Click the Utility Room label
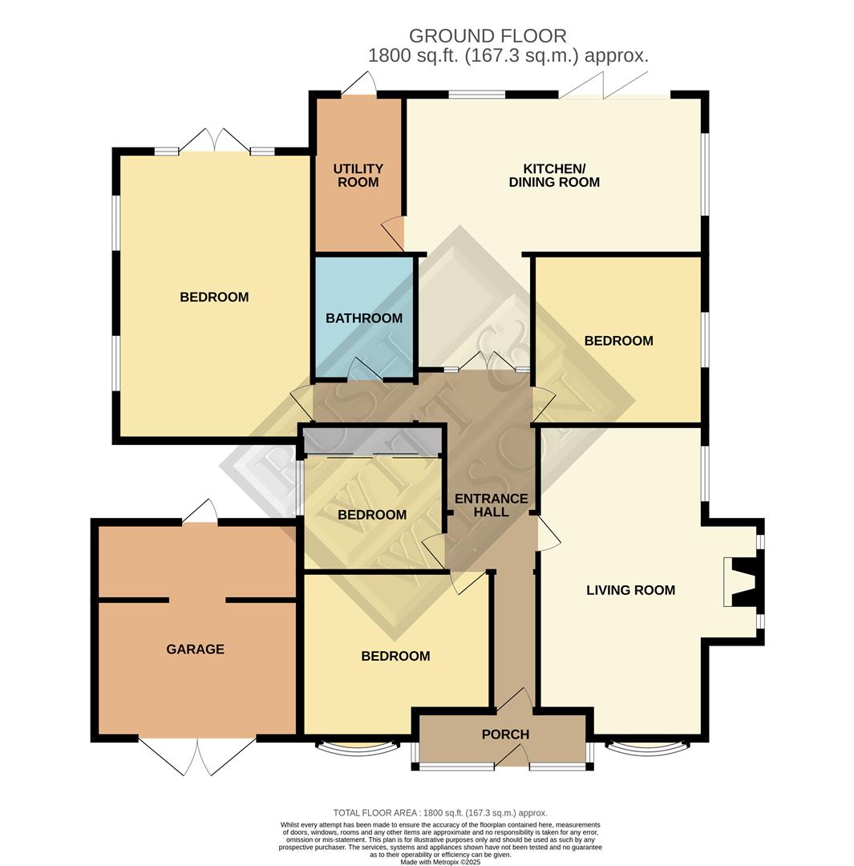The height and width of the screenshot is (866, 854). pos(358,176)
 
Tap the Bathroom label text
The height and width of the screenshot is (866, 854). pos(364,318)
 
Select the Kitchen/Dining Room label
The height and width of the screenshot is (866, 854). pos(554,176)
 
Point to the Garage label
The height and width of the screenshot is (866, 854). pos(195,649)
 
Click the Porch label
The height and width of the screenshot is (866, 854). pos(505,734)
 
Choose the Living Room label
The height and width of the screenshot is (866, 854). pos(630,590)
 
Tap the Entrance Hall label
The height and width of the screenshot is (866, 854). pos(491,505)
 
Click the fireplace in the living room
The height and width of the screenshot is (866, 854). pos(739,581)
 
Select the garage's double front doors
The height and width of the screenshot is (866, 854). pos(197,755)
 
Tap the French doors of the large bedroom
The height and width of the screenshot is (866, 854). pos(214,140)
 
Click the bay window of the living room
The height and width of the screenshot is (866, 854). pos(646,749)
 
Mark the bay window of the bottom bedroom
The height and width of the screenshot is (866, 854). pos(357,749)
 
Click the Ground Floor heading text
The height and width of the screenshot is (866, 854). pos(488,36)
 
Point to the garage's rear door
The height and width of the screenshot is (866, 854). pos(200,512)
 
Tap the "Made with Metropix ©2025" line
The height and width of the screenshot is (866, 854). pos(440,862)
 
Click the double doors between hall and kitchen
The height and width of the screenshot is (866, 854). pos(488,362)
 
